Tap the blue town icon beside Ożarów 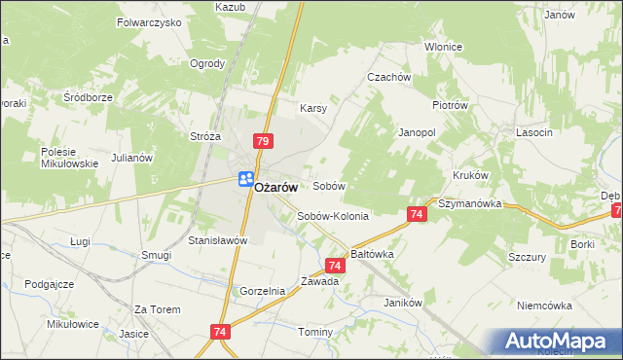pyautogui.click(x=245, y=179)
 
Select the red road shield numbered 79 pyautogui.click(x=262, y=141)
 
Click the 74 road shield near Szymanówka pyautogui.click(x=417, y=214)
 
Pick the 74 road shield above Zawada pyautogui.click(x=335, y=265)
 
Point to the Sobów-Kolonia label pyautogui.click(x=333, y=216)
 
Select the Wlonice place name pyautogui.click(x=443, y=47)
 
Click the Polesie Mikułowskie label pyautogui.click(x=69, y=158)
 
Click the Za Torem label pyautogui.click(x=158, y=309)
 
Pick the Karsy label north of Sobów pyautogui.click(x=312, y=108)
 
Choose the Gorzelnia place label pyautogui.click(x=262, y=291)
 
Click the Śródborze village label pyautogui.click(x=89, y=97)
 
